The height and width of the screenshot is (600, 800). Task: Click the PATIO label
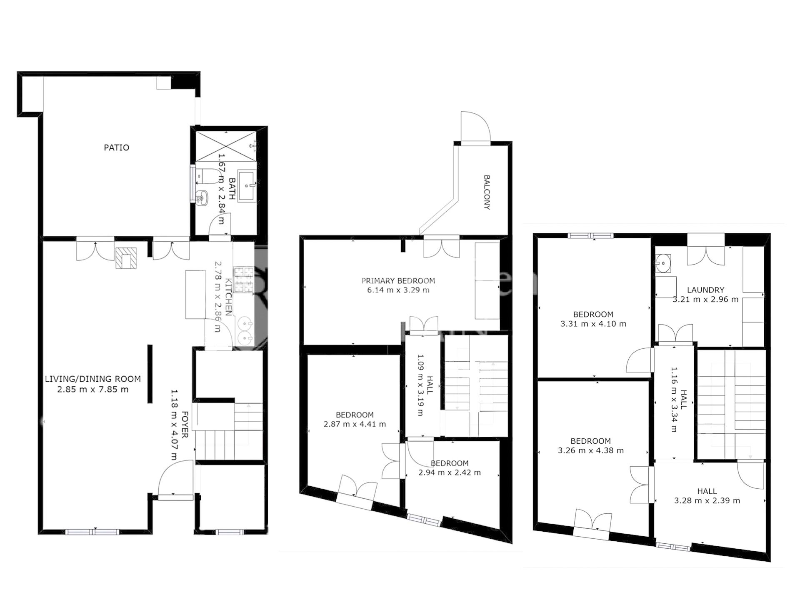pos(116,147)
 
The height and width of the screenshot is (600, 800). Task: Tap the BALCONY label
pos(487,192)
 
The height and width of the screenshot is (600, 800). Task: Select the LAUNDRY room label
pos(705,290)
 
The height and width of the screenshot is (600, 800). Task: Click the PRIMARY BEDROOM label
pos(398,281)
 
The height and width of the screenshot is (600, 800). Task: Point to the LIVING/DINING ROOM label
pos(92,379)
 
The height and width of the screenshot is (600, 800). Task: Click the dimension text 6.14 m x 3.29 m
pos(398,290)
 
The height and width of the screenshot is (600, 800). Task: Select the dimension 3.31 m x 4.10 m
pos(593,324)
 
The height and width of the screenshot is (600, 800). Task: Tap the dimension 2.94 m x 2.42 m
pos(449,473)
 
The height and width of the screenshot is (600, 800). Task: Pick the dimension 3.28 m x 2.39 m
pos(707,501)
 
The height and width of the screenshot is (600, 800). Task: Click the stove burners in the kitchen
pos(244,279)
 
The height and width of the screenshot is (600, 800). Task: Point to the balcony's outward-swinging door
pos(475,126)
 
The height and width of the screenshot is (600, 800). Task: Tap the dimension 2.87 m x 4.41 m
pos(355,425)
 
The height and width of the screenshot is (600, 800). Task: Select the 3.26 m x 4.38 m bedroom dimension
pos(590,450)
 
